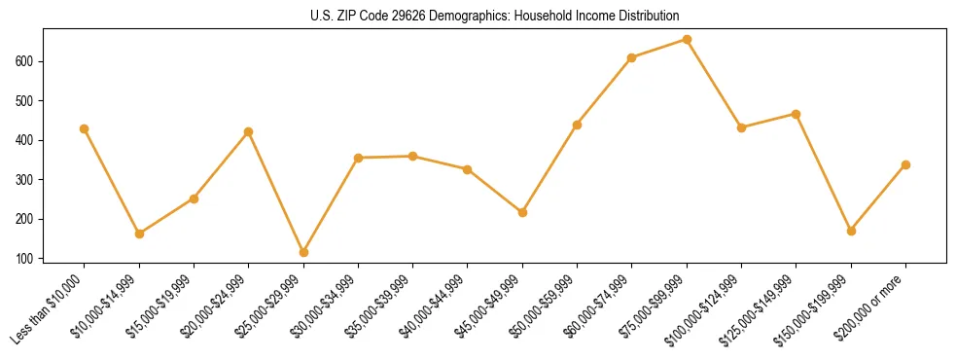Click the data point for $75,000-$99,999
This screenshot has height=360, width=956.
pos(687,40)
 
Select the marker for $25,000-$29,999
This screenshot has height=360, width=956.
pos(303,252)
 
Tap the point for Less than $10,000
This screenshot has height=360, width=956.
pos(85,128)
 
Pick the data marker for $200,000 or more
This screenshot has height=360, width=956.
pos(905,164)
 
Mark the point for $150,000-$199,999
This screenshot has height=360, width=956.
pos(851,231)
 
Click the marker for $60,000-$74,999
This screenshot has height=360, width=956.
pos(632,57)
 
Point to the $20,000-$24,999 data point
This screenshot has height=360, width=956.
pos(249,131)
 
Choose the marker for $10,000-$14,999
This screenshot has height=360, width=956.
pos(139,234)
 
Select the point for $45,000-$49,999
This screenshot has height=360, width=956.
pos(522,212)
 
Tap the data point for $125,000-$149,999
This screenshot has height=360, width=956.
pos(797,114)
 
